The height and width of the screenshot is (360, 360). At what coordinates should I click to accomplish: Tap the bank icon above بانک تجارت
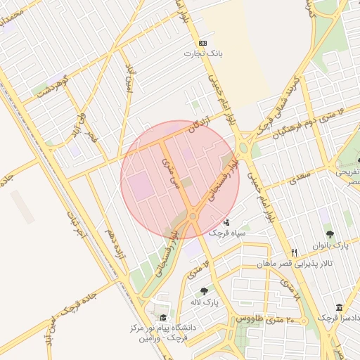[x=202, y=42]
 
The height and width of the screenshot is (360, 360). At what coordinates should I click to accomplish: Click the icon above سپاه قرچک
[x=225, y=222]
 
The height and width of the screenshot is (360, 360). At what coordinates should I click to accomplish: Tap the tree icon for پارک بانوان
[x=328, y=234]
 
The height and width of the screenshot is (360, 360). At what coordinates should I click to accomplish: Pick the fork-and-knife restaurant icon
[x=294, y=252]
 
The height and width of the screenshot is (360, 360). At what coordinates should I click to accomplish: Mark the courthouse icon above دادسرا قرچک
[x=340, y=308]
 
